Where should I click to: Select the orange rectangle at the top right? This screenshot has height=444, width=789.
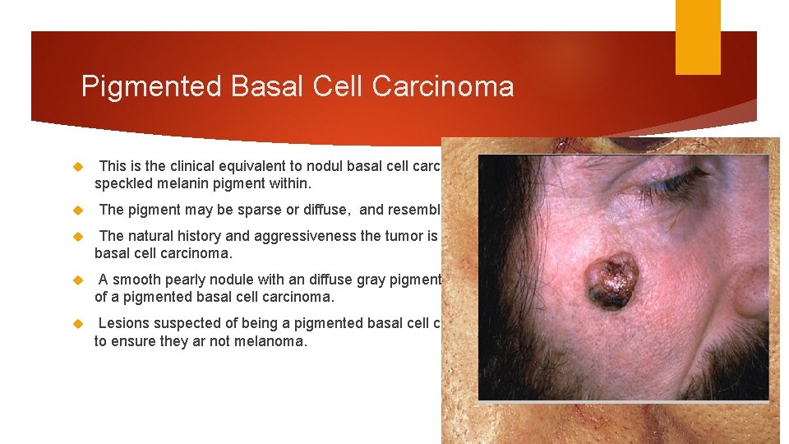coord(698,37)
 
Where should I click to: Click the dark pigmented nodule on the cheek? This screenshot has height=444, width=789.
coord(611,281)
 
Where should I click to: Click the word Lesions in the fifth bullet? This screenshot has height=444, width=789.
coord(123,323)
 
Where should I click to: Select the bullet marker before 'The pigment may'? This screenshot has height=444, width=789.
coord(79,210)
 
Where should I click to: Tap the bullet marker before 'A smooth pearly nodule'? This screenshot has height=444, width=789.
coord(79,280)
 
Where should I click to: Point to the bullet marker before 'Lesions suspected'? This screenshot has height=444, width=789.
coord(79,324)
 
